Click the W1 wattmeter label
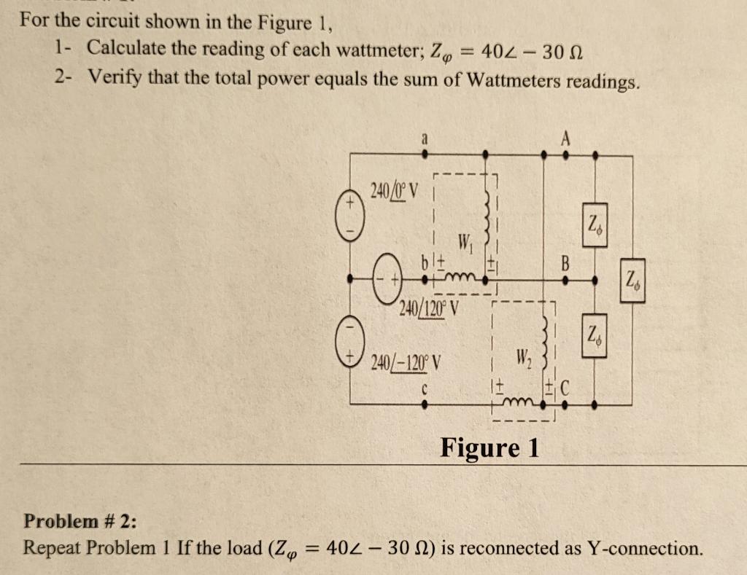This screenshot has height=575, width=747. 464,242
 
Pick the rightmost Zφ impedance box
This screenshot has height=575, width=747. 632,279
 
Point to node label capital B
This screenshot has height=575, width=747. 562,261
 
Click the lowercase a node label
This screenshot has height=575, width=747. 425,136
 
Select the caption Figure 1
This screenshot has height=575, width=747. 489,447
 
